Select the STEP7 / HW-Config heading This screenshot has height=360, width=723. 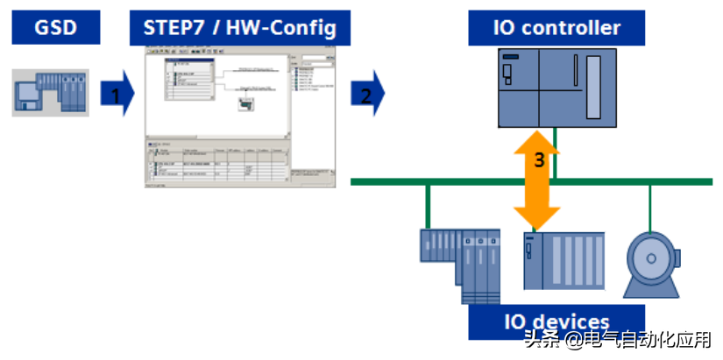point(239,28)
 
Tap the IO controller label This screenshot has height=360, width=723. point(556,28)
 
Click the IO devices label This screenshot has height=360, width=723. point(556,321)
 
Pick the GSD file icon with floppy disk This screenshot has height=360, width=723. point(51,92)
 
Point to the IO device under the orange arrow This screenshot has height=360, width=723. point(564,260)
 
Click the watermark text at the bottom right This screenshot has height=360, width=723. point(618,341)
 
